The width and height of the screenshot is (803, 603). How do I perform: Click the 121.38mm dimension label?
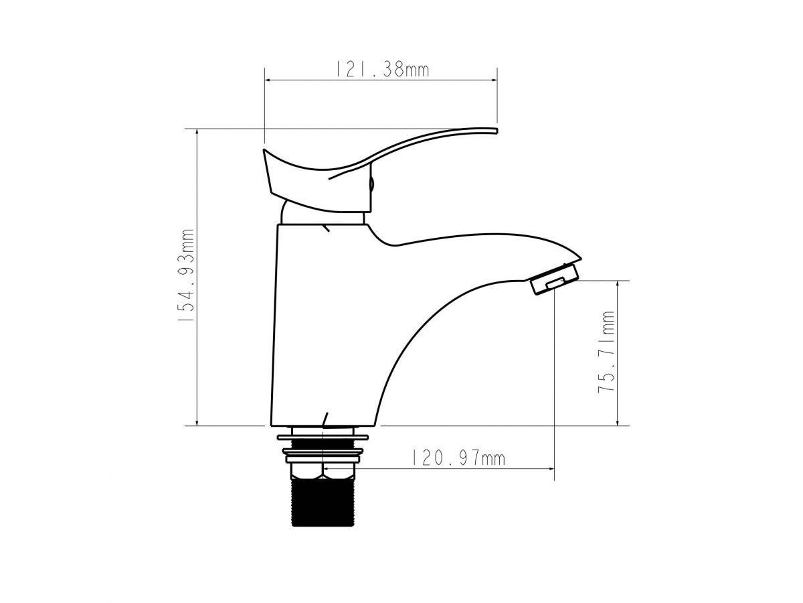[x=382, y=70]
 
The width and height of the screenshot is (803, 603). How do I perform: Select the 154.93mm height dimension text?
[x=185, y=275]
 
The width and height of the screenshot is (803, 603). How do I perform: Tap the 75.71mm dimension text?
[x=606, y=352]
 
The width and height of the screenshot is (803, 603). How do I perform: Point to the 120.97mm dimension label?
[x=459, y=458]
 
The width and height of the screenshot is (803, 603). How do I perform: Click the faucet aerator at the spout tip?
[x=555, y=279]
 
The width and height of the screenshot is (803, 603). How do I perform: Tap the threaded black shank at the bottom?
[x=323, y=503]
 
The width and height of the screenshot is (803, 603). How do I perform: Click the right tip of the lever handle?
[x=497, y=131]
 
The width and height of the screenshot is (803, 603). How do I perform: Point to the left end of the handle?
[x=264, y=151]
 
